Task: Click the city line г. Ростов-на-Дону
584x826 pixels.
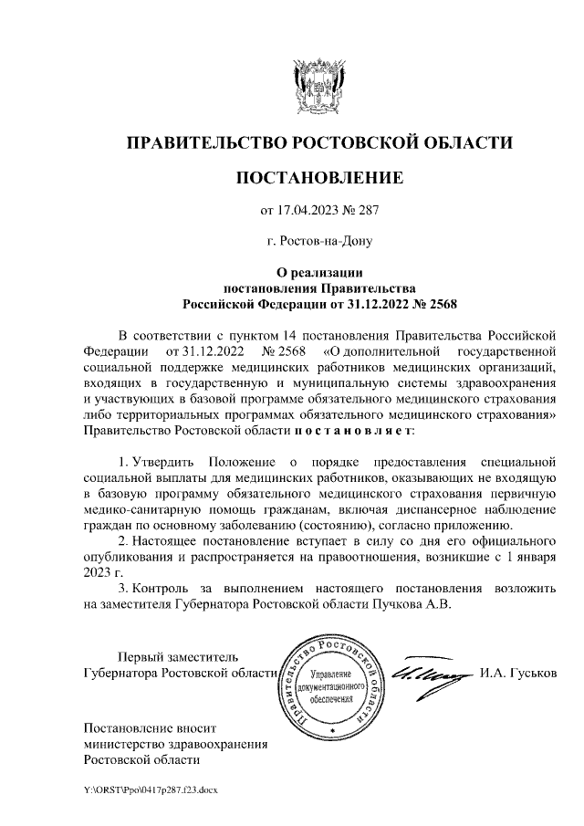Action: (x=318, y=242)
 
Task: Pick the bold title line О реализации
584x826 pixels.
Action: (x=319, y=271)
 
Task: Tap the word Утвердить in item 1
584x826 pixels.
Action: (x=160, y=462)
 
